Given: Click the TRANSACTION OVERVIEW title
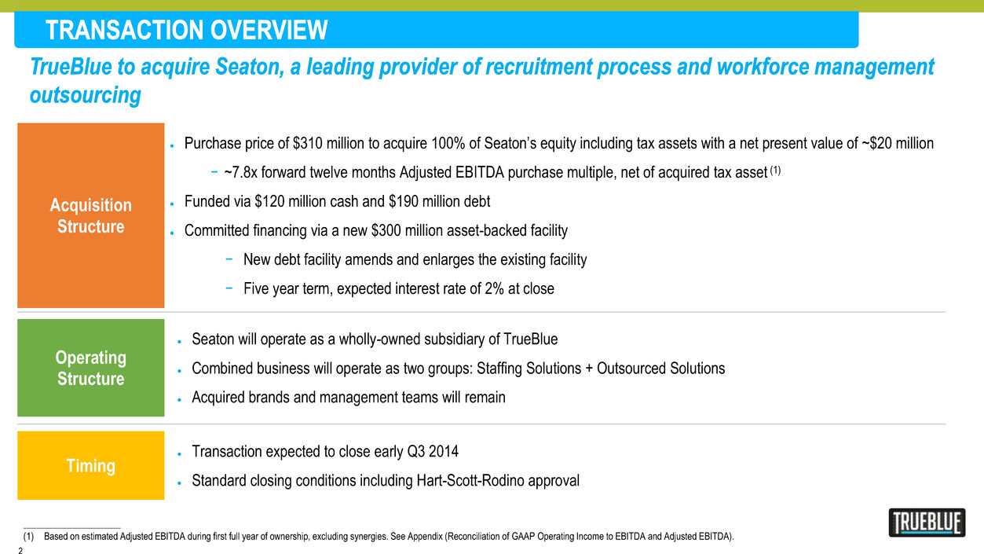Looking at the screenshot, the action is pos(186,30).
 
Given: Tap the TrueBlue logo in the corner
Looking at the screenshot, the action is pos(927,523).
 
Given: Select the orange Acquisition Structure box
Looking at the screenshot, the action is pos(91,215).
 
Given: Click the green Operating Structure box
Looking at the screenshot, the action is pos(91,368).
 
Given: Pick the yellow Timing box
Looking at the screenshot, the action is pos(91,465).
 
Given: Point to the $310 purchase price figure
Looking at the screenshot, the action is pos(308,143).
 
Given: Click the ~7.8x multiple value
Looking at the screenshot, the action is pos(240,172).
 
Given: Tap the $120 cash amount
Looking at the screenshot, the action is pos(269,201).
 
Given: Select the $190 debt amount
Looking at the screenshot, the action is pos(404,201).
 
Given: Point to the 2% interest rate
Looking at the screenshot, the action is pos(494,289).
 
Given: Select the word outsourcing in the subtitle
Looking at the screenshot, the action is pos(86,95).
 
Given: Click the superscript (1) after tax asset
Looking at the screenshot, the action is pos(775,171).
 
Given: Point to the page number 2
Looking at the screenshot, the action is pos(20,550).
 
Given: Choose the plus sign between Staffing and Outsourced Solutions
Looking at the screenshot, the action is pos(589,369).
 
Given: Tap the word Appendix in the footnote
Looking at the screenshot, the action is pos(425,537).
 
